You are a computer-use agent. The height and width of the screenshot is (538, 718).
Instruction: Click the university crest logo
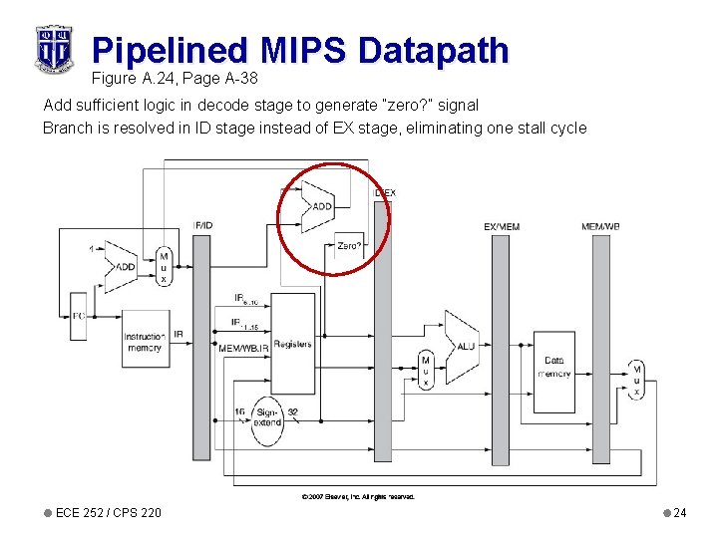[x=53, y=47]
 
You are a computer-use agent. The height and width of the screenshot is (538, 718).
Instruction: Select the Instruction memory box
[x=144, y=343]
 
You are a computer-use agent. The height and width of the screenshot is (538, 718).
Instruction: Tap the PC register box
[x=78, y=316]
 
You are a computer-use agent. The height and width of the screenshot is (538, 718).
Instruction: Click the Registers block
[x=292, y=344]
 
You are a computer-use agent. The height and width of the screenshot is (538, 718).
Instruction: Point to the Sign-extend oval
[x=267, y=416]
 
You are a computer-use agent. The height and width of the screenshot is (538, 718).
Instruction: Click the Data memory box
[x=554, y=367]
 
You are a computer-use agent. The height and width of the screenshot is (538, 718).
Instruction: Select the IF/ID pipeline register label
[x=202, y=225]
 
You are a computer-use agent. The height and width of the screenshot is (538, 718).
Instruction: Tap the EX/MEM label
[x=502, y=227]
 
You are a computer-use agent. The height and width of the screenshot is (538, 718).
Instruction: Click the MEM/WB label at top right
[x=601, y=227]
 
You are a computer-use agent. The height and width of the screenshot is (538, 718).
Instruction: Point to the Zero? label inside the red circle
[x=349, y=245]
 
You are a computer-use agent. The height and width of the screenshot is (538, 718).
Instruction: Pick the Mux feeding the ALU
[x=426, y=371]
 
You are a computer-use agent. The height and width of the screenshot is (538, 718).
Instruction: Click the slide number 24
[x=679, y=513]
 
